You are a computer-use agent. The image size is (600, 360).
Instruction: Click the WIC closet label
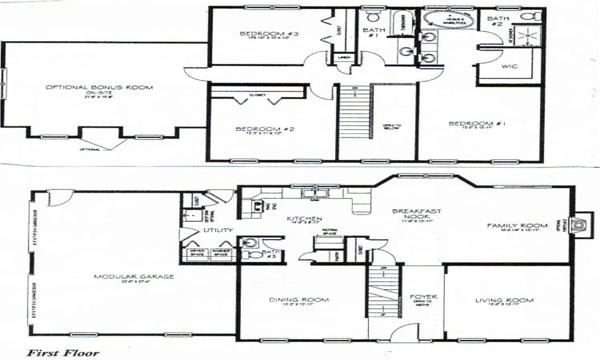pos(510,67)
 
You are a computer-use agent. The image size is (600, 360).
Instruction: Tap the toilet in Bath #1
pos(373,17)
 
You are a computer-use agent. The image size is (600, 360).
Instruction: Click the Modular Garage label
pos(134,277)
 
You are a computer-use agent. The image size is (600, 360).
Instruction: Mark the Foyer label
pos(423,297)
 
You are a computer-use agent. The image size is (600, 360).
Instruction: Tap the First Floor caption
pos(62,352)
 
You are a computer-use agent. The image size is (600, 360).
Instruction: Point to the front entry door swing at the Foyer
pos(403,331)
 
